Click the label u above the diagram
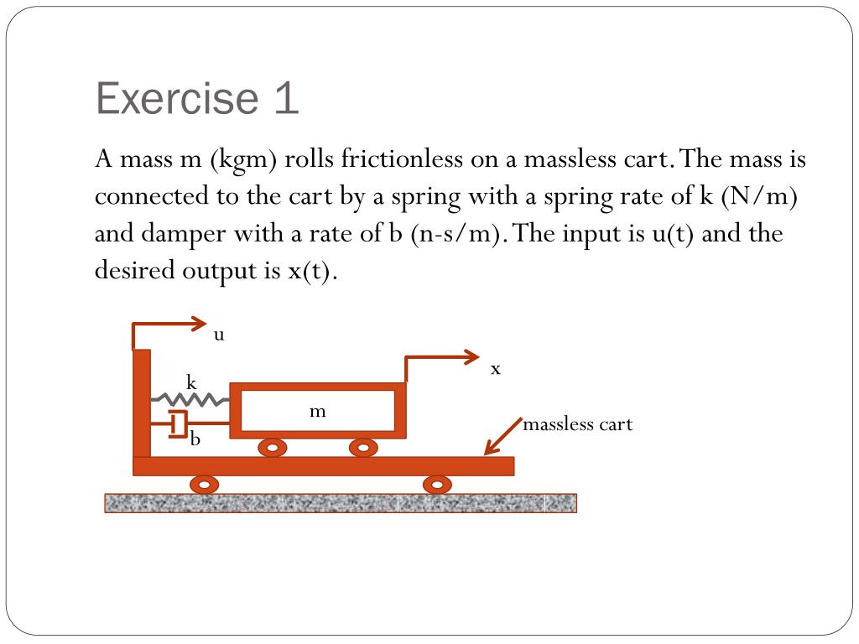pos(219,335)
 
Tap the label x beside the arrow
pos(496,368)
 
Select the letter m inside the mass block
pos(317,411)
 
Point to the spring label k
pos(191,383)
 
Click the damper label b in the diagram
pos(195,438)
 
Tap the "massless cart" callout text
pos(577,424)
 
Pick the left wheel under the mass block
pos(272,448)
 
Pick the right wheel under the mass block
pos(362,448)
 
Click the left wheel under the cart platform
pos(205,485)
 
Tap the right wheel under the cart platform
pos(436,485)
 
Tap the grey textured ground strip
pos(341,503)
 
